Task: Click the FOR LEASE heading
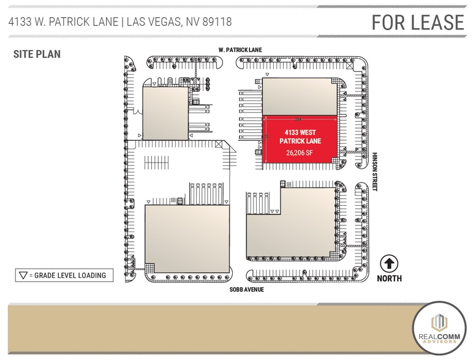point(418,22)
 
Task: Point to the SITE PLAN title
point(37,54)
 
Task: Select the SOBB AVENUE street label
point(246,290)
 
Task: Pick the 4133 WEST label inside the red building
point(300,132)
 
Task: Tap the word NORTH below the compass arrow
point(390,279)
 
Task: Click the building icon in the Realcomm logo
point(440,323)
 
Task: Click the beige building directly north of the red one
point(300,98)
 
